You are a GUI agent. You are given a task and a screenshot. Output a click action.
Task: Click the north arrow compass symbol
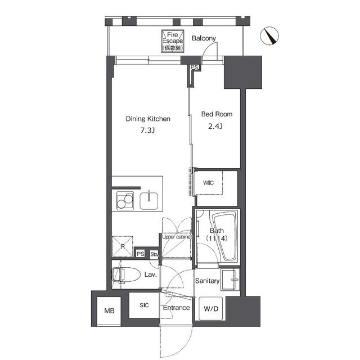click(269, 36)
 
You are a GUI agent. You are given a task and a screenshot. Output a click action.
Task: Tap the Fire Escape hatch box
click(173, 41)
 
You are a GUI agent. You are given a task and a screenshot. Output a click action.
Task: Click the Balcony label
click(204, 38)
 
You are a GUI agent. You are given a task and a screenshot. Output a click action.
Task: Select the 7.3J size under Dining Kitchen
click(147, 130)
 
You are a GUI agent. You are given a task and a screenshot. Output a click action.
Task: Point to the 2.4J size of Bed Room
click(215, 126)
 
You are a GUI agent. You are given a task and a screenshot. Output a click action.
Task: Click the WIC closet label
click(208, 183)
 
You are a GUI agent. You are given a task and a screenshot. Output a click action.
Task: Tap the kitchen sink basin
click(148, 201)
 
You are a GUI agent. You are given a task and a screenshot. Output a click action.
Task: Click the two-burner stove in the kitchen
click(125, 201)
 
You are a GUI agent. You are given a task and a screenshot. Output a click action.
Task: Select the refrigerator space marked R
click(123, 246)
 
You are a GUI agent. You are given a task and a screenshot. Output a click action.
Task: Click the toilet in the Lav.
click(126, 274)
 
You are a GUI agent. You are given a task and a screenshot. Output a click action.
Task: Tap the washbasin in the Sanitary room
click(230, 280)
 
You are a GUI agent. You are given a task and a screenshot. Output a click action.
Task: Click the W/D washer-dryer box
click(211, 308)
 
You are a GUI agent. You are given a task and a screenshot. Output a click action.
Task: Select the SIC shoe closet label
click(144, 305)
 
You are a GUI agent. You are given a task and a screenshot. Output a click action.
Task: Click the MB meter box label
click(109, 310)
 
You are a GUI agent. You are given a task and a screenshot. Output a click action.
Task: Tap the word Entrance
click(176, 308)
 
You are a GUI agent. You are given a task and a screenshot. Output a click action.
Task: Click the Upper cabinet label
click(177, 237)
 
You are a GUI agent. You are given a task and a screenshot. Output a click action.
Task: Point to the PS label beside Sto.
click(141, 254)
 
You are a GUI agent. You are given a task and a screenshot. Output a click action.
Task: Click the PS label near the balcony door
click(195, 67)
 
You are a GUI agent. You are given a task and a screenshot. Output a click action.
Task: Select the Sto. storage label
click(154, 254)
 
